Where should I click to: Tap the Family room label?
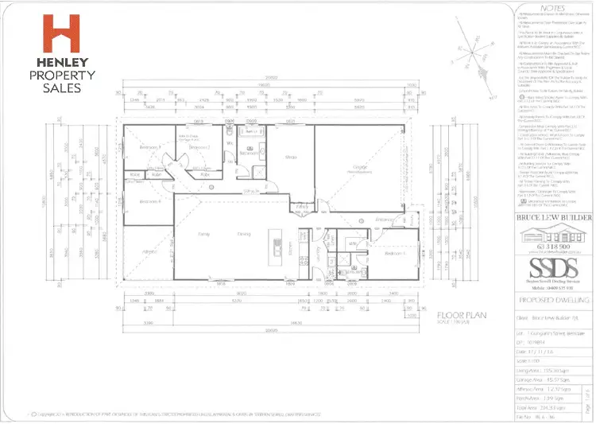(x=204, y=234)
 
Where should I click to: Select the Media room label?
(x=291, y=158)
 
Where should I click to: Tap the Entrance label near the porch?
(x=385, y=219)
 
